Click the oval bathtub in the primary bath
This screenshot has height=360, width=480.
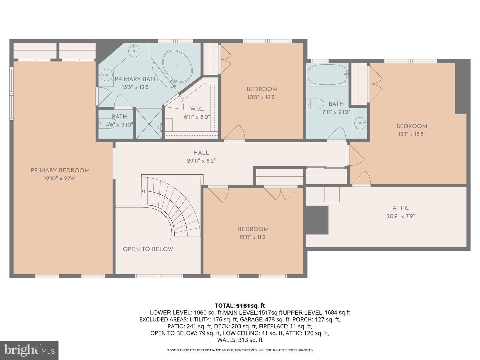pos(178,66)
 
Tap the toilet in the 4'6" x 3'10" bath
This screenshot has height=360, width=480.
pos(107,124)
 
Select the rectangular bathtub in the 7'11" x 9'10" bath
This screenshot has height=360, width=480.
pos(327,74)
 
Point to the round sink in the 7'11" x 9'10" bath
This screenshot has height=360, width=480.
pos(360,123)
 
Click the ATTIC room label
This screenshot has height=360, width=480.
pos(400,208)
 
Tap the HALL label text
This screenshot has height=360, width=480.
pos(201,153)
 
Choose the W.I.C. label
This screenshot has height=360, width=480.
pos(197,109)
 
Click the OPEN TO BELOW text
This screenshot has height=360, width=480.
pos(148,249)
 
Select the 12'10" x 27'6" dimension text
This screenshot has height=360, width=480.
pos(60,178)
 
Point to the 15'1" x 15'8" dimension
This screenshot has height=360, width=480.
pos(412,134)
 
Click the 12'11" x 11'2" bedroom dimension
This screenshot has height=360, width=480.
pos(253,237)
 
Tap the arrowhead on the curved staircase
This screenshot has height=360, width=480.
pos(143,191)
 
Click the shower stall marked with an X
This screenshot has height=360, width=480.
pos(149,124)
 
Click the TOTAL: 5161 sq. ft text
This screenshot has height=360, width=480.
pos(240,306)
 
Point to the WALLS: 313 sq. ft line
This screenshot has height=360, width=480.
pos(240,340)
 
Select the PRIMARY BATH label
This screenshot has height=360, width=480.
pos(136,79)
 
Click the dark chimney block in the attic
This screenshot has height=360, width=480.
pos(317,220)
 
